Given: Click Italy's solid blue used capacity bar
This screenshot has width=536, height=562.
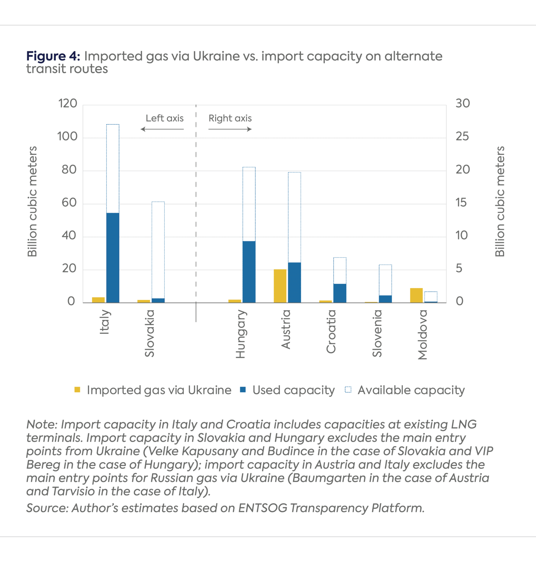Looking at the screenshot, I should (x=113, y=258).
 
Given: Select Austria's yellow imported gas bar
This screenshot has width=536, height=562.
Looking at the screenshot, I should (x=280, y=286).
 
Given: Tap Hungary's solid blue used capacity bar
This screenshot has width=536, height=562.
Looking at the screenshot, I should (x=249, y=272).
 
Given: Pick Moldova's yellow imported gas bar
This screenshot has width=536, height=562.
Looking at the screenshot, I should (x=416, y=296).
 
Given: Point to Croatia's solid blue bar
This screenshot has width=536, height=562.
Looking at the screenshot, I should (x=340, y=293).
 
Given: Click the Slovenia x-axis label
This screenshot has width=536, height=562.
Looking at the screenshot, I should (x=377, y=333).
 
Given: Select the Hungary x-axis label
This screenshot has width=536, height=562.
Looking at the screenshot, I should (x=241, y=334).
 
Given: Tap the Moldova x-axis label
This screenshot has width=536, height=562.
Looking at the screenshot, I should (x=423, y=335).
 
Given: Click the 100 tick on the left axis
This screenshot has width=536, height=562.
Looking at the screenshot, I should (x=67, y=136).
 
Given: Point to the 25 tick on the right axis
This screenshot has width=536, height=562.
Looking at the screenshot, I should (x=462, y=136).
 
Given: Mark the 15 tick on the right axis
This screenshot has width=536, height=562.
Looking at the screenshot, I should (x=461, y=202).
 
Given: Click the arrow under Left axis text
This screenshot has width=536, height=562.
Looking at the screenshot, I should (x=162, y=129).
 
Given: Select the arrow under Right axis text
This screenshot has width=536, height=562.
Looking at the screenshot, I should (x=230, y=129).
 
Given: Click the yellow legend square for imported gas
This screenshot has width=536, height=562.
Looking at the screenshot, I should (x=77, y=390).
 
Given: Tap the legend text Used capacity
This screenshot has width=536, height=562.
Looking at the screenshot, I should (x=294, y=390).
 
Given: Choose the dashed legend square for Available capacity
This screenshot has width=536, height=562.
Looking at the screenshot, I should (x=348, y=390).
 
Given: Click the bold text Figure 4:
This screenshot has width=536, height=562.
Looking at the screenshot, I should (x=53, y=56).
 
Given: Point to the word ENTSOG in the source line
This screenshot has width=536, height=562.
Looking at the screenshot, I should (x=263, y=508).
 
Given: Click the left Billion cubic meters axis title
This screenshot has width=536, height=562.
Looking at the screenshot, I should (x=32, y=202).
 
